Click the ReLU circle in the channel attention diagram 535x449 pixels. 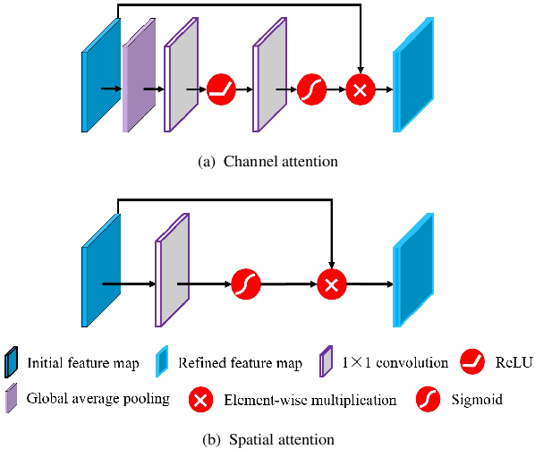[220, 89]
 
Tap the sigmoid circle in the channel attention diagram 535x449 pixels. [312, 89]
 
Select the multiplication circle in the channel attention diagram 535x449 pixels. [361, 89]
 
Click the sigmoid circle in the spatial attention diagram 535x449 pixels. [245, 284]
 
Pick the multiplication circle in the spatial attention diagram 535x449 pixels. [331, 284]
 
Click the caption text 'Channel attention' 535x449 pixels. [280, 161]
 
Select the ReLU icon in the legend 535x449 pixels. [471, 362]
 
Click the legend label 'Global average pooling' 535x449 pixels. [98, 399]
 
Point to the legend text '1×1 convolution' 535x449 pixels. [395, 363]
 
